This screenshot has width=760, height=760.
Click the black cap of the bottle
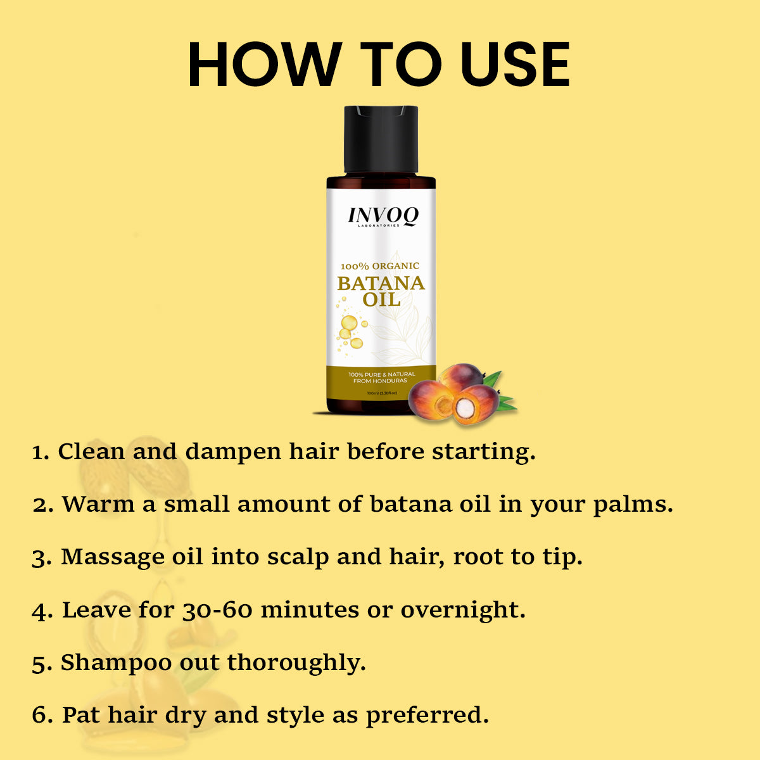(381, 139)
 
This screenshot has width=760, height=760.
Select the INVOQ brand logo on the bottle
(383, 216)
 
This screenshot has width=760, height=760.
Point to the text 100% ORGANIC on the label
(380, 266)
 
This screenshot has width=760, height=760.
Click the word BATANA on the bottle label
(381, 283)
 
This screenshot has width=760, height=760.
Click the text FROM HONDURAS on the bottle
(381, 381)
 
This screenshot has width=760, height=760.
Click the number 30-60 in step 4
(217, 610)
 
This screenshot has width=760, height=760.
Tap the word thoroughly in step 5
(296, 663)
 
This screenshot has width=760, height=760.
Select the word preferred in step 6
(427, 716)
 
